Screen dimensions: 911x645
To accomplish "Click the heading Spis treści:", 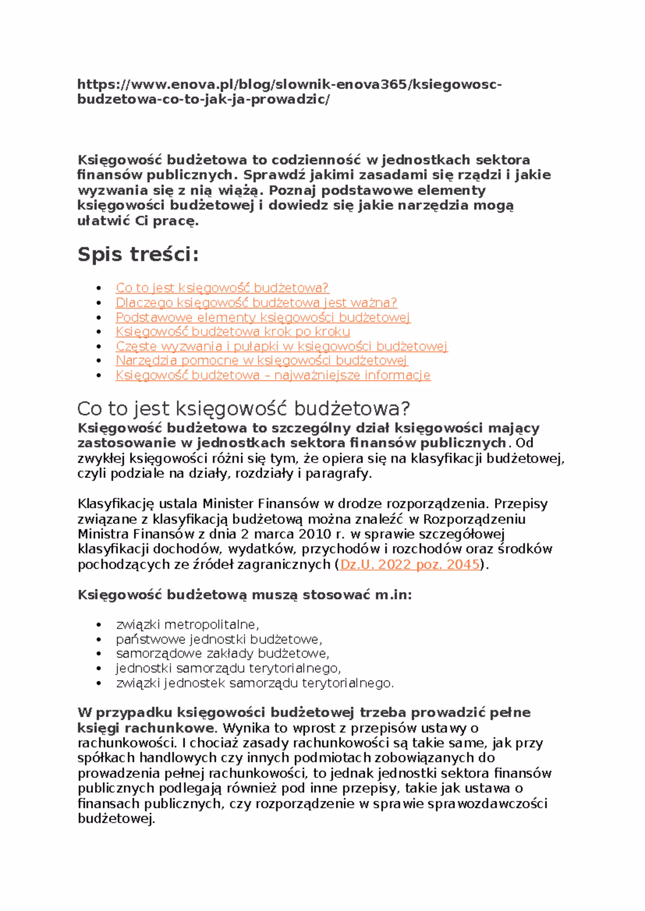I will tap(138, 254).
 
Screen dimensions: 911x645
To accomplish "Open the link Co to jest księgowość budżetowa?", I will tap(221, 288).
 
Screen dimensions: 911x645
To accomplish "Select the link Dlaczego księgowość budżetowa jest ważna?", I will tap(256, 302).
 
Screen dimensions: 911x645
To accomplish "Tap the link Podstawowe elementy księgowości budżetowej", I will tap(262, 317).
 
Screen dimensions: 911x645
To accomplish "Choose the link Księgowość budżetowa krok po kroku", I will tap(232, 332).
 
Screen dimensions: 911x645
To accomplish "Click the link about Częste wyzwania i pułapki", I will tap(281, 346).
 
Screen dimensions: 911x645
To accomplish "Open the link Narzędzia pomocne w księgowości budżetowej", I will tap(261, 360).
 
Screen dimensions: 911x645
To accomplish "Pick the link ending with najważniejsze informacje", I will tap(273, 375).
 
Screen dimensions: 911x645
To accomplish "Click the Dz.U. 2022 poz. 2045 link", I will tap(410, 565).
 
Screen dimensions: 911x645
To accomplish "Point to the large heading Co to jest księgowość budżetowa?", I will tap(243, 409).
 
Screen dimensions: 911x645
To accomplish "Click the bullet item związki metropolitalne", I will tap(187, 625).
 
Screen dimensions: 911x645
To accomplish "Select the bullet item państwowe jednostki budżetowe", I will tap(218, 639).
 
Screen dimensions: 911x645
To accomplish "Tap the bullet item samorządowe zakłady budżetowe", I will tap(222, 654).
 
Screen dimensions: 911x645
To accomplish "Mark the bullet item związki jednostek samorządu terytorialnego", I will tap(254, 683).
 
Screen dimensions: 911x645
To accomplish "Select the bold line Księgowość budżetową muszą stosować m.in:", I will tap(245, 595).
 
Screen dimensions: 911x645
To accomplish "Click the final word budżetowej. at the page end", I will tap(116, 819).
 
